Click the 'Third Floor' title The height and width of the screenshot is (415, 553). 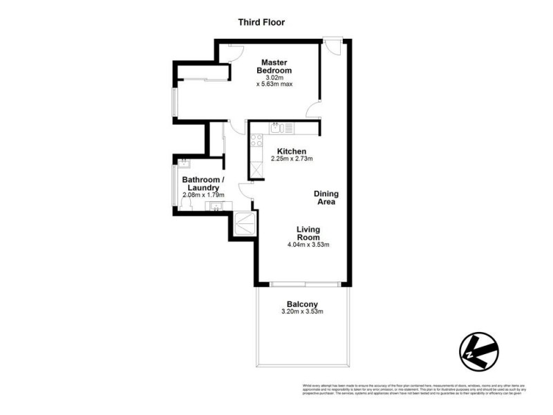tap(261, 22)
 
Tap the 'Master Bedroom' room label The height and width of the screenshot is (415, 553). tap(274, 66)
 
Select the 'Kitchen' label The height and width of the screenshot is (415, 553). tap(292, 151)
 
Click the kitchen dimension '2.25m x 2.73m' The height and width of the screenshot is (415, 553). tap(292, 159)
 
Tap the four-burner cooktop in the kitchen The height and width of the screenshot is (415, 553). tap(255, 140)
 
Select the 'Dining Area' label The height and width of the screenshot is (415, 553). tap(325, 198)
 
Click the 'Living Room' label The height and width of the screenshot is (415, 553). tap(309, 233)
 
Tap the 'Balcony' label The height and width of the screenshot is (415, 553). tap(302, 304)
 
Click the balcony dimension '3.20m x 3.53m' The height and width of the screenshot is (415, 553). tap(302, 313)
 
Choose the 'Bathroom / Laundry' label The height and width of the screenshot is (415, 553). tap(202, 183)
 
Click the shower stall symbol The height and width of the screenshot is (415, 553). tap(244, 223)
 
